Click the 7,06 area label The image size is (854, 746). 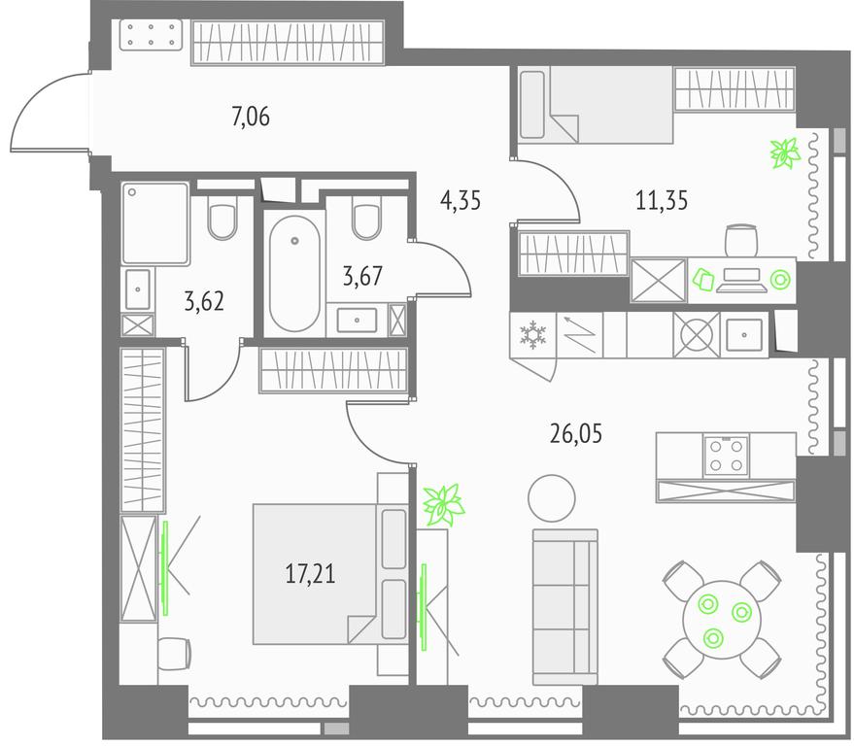click(x=251, y=117)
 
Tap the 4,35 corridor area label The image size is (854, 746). click(x=461, y=200)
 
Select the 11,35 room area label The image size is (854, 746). click(x=662, y=200)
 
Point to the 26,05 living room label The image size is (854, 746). click(x=576, y=434)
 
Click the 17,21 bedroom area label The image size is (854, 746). click(x=311, y=574)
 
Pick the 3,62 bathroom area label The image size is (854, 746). click(x=204, y=301)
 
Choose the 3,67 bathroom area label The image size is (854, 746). click(x=362, y=276)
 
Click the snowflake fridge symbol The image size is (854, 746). click(x=532, y=334)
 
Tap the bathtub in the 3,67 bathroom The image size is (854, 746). click(x=294, y=273)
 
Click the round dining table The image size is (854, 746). click(x=722, y=619)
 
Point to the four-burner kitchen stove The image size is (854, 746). click(x=726, y=457)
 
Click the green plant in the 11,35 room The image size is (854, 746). click(x=785, y=153)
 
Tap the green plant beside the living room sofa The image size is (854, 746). click(x=444, y=505)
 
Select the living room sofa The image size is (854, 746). click(x=565, y=606)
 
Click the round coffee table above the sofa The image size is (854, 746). click(x=552, y=498)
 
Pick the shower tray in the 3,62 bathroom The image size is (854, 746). click(x=155, y=223)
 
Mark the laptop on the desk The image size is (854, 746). click(x=738, y=280)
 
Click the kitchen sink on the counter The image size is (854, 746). click(x=744, y=335)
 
